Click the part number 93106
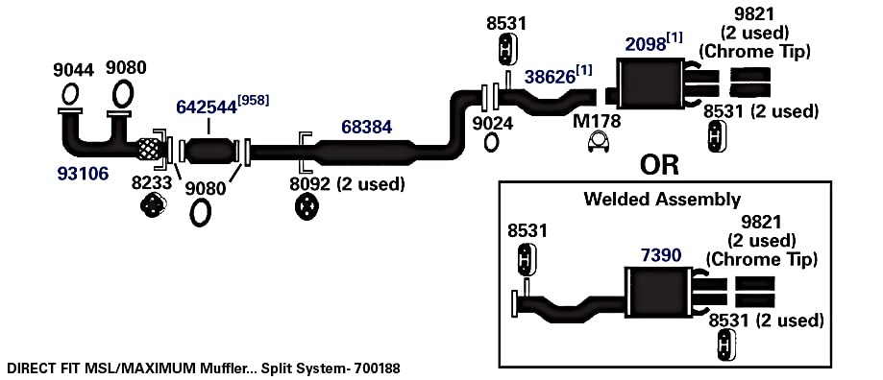click(x=83, y=175)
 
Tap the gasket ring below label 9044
click(x=70, y=94)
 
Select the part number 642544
click(x=207, y=107)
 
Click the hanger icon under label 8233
click(x=152, y=204)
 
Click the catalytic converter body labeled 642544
click(x=209, y=151)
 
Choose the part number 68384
click(x=367, y=127)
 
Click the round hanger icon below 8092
click(x=307, y=207)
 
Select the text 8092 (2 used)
click(x=347, y=184)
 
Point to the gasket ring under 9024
click(x=492, y=142)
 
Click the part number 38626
click(x=551, y=77)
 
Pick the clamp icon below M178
click(x=601, y=143)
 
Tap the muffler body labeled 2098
click(x=650, y=83)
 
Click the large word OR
click(x=659, y=165)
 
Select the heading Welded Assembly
click(x=662, y=199)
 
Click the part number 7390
click(x=661, y=255)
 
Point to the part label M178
click(x=597, y=120)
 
